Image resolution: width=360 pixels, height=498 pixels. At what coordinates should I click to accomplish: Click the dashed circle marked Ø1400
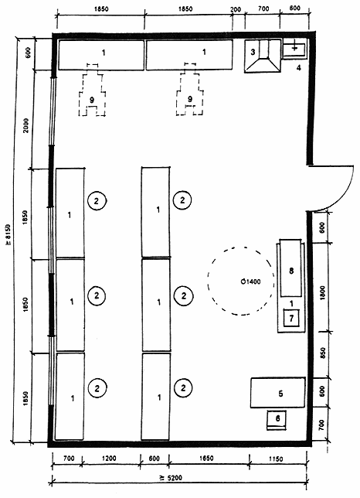tap(208, 281)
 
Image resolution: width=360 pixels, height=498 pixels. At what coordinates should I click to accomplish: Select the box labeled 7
tap(291, 318)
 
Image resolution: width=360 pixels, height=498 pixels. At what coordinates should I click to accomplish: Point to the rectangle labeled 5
tap(278, 393)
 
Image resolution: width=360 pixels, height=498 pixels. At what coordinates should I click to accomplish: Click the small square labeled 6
tap(277, 420)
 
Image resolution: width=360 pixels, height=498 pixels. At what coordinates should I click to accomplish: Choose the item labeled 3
tap(263, 56)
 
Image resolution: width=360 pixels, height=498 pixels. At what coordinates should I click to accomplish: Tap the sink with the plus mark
tap(295, 49)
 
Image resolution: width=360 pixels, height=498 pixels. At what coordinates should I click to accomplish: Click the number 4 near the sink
tap(298, 67)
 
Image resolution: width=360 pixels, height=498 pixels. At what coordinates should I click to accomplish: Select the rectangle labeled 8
tap(290, 268)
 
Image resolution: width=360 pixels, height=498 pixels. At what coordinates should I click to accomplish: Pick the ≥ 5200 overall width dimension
tap(171, 478)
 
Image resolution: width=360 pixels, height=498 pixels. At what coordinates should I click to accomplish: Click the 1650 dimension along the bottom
tap(205, 459)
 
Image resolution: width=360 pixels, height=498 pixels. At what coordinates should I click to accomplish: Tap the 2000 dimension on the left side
tap(25, 125)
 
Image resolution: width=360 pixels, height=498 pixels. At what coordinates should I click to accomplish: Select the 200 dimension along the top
tap(236, 9)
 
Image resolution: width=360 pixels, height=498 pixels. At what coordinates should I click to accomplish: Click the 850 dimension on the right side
tap(323, 353)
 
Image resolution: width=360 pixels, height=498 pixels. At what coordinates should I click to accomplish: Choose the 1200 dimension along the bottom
tap(109, 459)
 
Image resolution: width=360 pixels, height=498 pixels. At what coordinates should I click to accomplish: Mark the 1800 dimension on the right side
tap(323, 293)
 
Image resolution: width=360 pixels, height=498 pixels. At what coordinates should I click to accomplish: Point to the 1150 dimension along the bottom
tap(276, 459)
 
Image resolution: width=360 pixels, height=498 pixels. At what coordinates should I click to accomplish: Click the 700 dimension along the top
tap(263, 9)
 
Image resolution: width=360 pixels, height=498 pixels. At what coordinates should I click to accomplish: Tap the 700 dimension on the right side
tap(321, 424)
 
